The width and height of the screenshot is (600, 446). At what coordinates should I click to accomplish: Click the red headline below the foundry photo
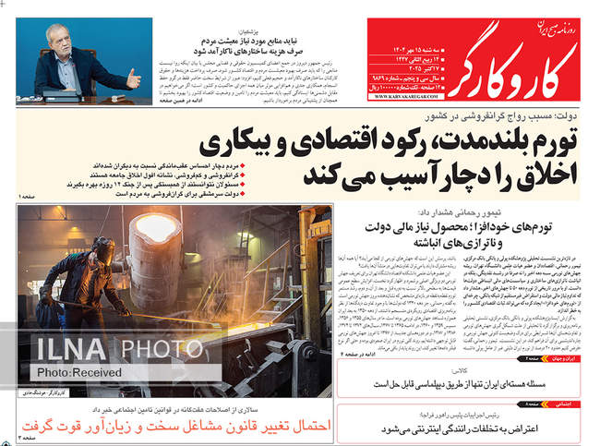click(x=174, y=425)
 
